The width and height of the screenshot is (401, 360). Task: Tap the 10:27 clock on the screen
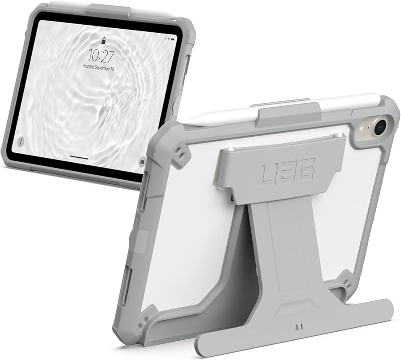click(x=101, y=56)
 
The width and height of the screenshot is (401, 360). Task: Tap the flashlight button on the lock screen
click(x=21, y=142)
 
